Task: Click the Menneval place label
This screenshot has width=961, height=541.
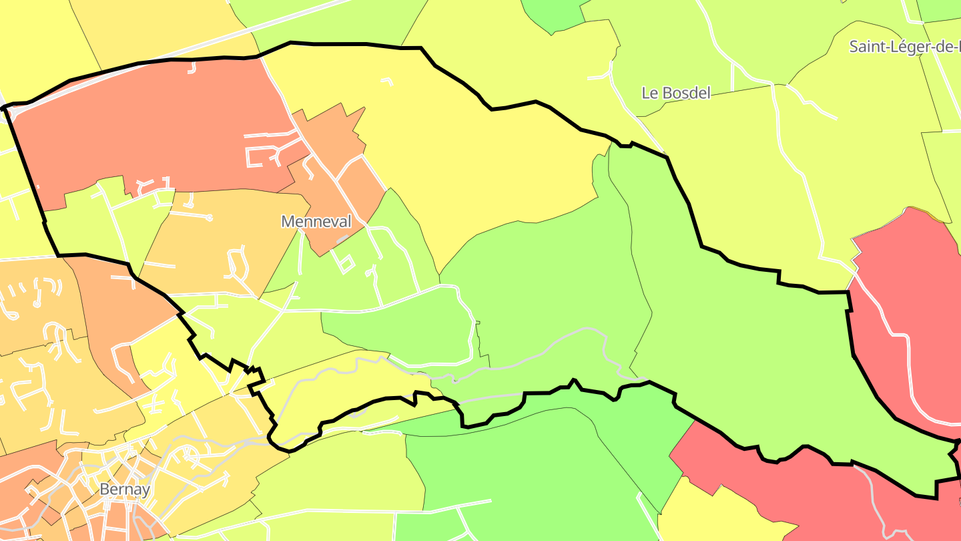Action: (x=316, y=221)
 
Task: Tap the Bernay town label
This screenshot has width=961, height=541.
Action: (x=124, y=489)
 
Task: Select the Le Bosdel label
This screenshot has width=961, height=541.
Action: (x=676, y=93)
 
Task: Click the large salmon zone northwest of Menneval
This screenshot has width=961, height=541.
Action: (x=153, y=127)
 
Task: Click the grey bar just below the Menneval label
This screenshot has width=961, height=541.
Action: (x=342, y=238)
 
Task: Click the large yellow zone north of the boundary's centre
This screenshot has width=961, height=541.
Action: (x=467, y=154)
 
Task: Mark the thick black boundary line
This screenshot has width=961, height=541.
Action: (x=360, y=44)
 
